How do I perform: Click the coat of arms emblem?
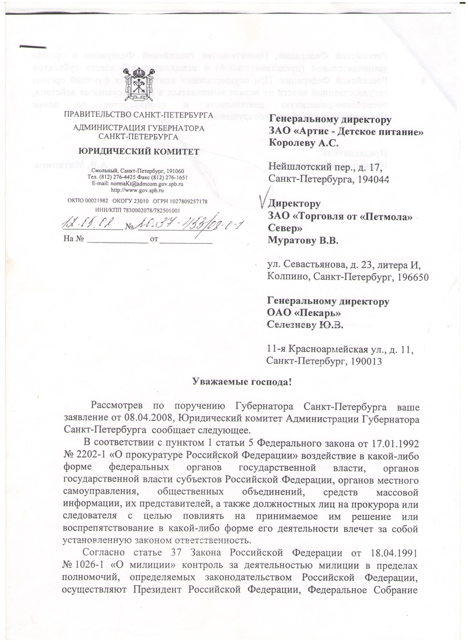click(138, 85)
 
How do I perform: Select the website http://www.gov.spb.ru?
click(137, 190)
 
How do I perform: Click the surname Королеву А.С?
click(303, 144)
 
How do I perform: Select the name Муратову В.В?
click(302, 241)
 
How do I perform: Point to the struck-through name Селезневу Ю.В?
click(305, 325)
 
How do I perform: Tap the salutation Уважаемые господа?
click(242, 382)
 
